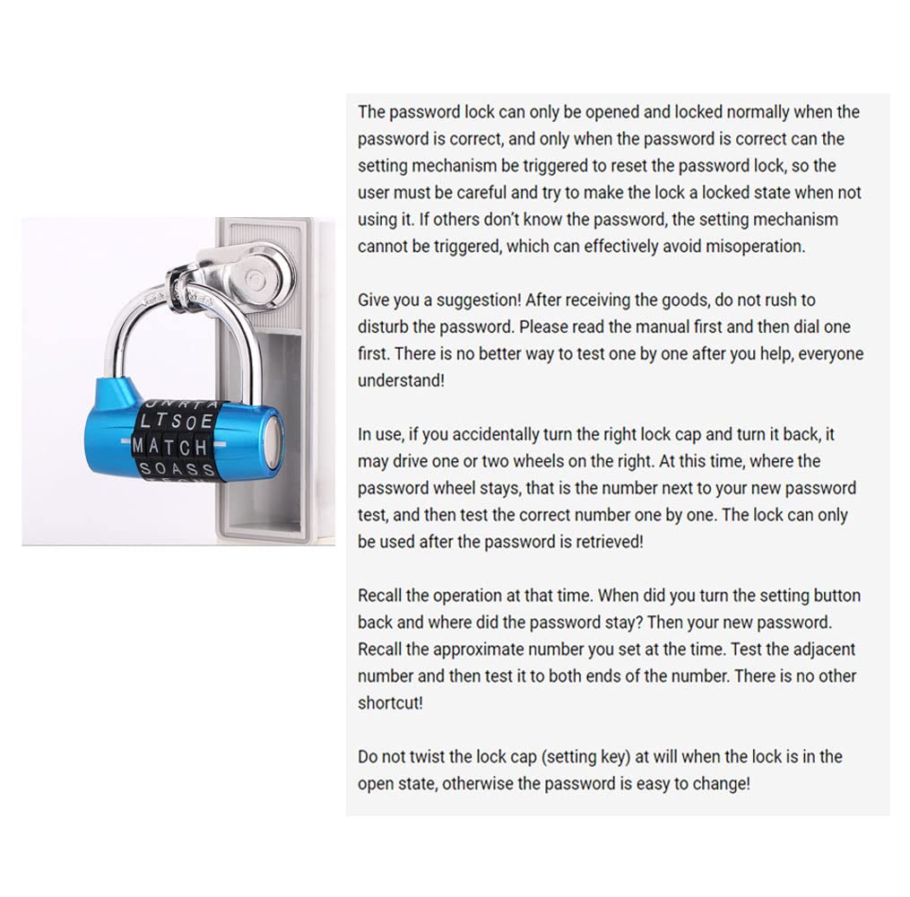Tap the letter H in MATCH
[x=200, y=445]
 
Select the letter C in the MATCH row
[x=186, y=445]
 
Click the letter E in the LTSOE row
[x=207, y=420]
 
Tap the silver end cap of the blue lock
[x=273, y=443]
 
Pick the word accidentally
[x=496, y=434]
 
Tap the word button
[x=836, y=595]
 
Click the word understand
[x=400, y=380]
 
